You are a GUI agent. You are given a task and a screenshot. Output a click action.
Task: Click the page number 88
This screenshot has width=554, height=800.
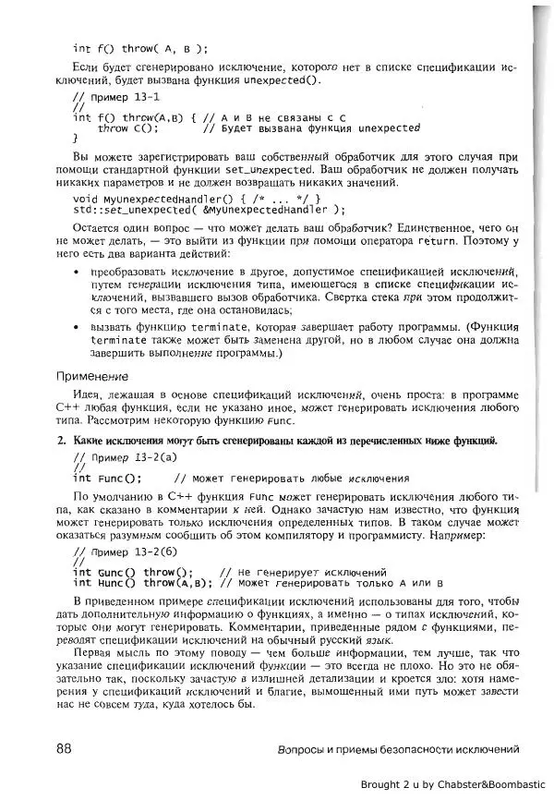click(x=66, y=748)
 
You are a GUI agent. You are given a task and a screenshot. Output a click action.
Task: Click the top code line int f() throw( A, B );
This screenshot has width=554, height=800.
click(x=140, y=49)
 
